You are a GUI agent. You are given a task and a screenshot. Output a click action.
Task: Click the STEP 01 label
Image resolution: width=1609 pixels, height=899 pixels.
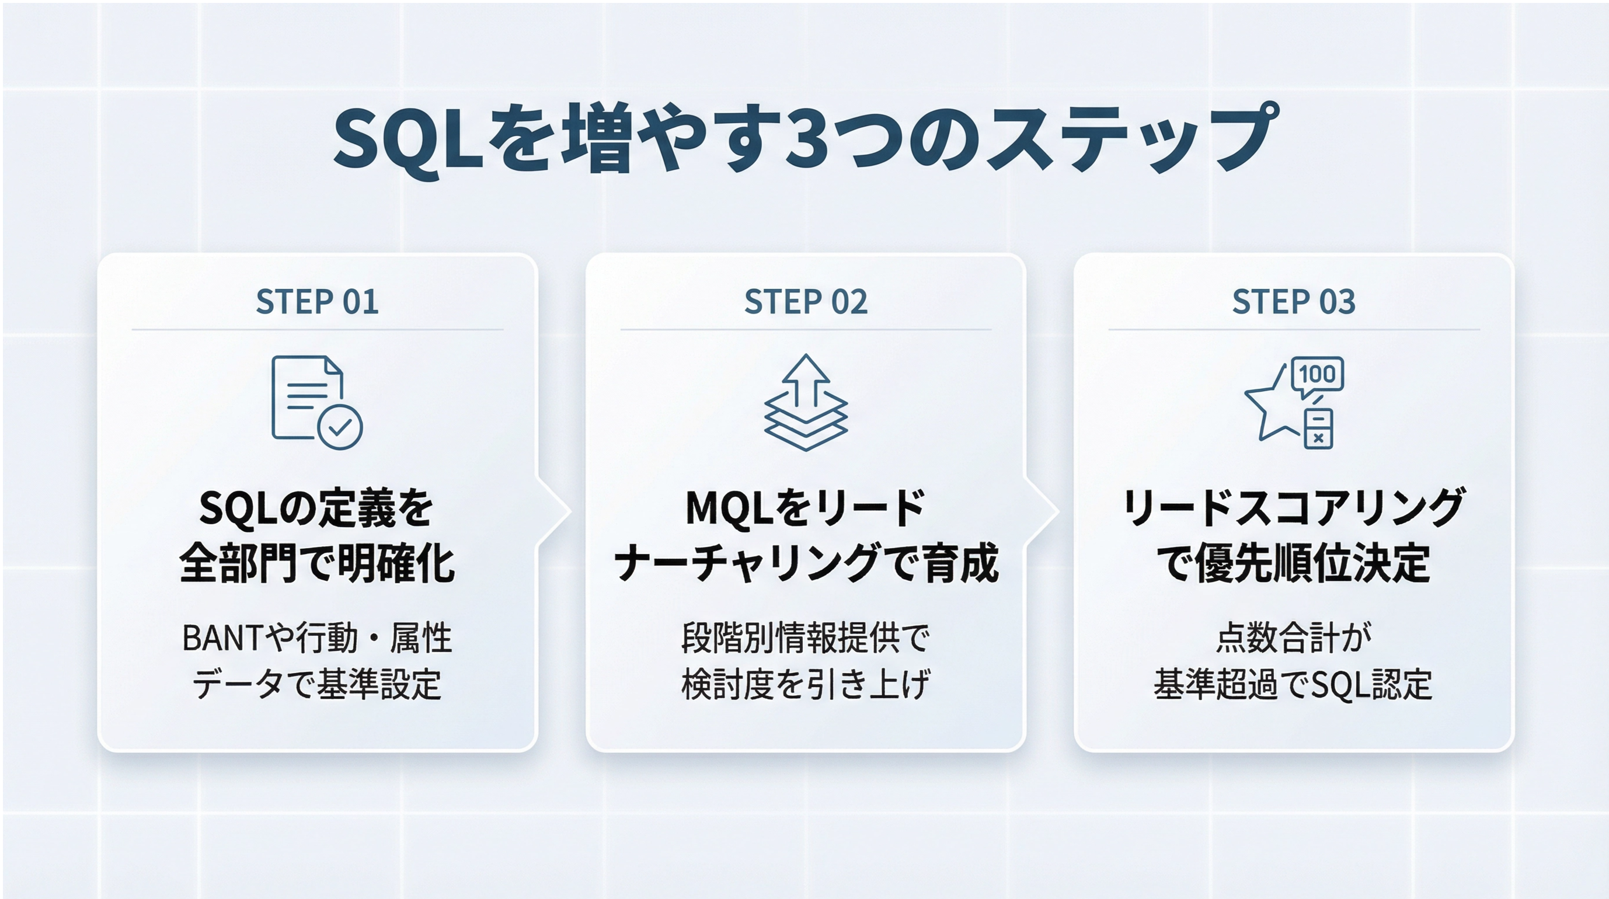(x=317, y=302)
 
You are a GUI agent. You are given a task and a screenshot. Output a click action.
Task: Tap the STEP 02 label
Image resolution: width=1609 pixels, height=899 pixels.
(x=806, y=302)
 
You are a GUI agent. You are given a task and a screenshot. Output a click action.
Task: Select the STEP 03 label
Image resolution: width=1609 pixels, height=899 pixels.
(x=1294, y=302)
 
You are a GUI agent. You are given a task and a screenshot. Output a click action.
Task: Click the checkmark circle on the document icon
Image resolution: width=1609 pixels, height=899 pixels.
(x=340, y=427)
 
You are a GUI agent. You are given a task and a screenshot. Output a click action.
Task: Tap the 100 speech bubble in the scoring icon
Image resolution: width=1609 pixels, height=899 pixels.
(x=1317, y=377)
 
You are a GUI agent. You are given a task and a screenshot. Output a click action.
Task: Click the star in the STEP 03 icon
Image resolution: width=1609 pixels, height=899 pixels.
(x=1271, y=406)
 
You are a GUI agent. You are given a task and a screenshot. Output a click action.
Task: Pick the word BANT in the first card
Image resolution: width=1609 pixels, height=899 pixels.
(x=223, y=639)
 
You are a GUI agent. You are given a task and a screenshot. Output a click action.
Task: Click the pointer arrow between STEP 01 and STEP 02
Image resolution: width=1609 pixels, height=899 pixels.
(x=555, y=511)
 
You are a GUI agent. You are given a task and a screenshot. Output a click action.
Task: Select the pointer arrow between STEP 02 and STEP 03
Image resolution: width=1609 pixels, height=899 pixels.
(x=1043, y=511)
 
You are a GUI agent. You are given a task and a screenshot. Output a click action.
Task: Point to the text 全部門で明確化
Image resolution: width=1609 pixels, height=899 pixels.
(x=317, y=563)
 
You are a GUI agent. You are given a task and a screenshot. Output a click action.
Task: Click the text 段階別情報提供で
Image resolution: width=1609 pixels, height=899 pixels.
(x=806, y=638)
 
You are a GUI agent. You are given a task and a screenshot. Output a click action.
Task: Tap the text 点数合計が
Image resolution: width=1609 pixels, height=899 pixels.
(x=1294, y=638)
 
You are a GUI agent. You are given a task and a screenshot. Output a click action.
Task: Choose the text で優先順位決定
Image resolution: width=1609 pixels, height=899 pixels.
(x=1294, y=563)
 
